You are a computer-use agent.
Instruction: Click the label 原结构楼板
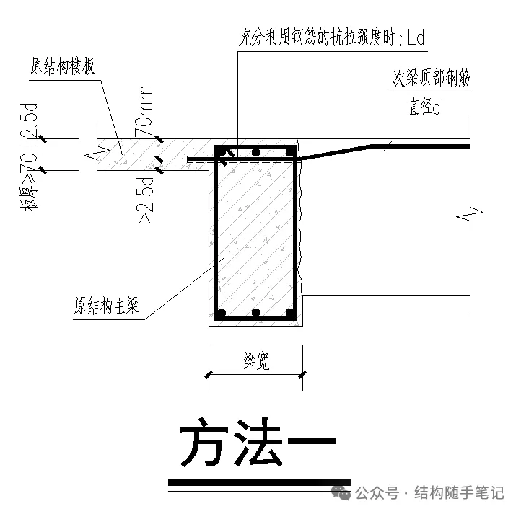[x=63, y=66]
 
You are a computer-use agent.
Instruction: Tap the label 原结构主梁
[x=106, y=306]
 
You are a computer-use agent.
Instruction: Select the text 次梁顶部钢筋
[x=432, y=78]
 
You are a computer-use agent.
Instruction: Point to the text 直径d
[x=424, y=107]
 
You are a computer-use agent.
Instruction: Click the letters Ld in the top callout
[x=416, y=37]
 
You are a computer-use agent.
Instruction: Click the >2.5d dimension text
[x=145, y=200]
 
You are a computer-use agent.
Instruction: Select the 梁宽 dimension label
[x=256, y=361]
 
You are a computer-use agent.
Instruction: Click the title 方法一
[x=258, y=442]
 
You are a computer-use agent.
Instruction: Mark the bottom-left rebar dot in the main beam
[x=221, y=312]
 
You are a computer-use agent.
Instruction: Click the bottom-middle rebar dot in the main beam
[x=256, y=312]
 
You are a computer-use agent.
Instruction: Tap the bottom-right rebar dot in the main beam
[x=290, y=312]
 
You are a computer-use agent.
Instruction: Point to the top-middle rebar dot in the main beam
[x=256, y=152]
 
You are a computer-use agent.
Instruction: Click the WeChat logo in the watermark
[x=341, y=493]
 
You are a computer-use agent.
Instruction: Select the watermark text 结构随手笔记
[x=459, y=493]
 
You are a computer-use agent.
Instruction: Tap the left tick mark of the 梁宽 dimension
[x=209, y=375]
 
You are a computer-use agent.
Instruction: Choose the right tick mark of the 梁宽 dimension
[x=302, y=375]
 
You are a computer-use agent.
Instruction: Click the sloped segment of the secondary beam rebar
[x=336, y=152]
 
